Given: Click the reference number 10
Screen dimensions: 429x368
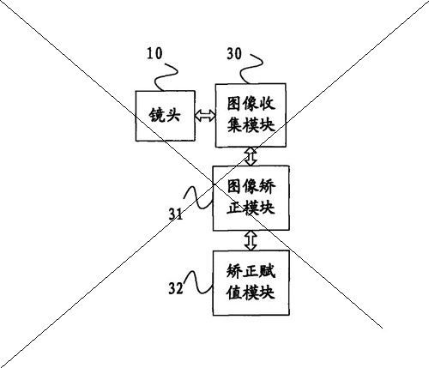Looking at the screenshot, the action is [154, 53].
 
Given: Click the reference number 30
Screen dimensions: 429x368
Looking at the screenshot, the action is [234, 53].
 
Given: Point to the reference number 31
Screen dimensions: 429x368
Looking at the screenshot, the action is [176, 214].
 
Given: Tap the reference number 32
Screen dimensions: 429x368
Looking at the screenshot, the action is [176, 288].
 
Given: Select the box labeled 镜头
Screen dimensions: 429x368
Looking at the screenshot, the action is [166, 116].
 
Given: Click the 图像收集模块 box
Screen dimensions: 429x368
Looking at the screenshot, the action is [251, 115].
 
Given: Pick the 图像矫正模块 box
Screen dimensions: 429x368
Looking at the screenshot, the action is [251, 198].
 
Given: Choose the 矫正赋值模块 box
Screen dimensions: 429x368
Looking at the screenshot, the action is [251, 283].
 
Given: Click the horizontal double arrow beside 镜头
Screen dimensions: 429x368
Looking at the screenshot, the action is [205, 116].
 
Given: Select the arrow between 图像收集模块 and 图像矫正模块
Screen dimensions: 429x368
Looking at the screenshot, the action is [251, 156].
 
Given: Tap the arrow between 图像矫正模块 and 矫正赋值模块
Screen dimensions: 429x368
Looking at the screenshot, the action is [251, 240].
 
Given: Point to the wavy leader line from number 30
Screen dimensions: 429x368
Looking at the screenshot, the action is [251, 69].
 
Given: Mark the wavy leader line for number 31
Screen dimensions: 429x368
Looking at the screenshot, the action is [198, 197].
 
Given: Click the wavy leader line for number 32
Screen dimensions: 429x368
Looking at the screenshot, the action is [199, 281].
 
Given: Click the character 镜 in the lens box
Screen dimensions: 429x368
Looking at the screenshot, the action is [157, 116].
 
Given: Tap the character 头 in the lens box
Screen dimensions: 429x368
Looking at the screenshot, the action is [172, 116].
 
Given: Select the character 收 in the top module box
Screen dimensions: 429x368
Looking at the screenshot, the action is [267, 104].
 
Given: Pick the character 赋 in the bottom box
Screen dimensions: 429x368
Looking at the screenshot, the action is [267, 271].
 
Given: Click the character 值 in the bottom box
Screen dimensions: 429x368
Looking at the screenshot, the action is [234, 293].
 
